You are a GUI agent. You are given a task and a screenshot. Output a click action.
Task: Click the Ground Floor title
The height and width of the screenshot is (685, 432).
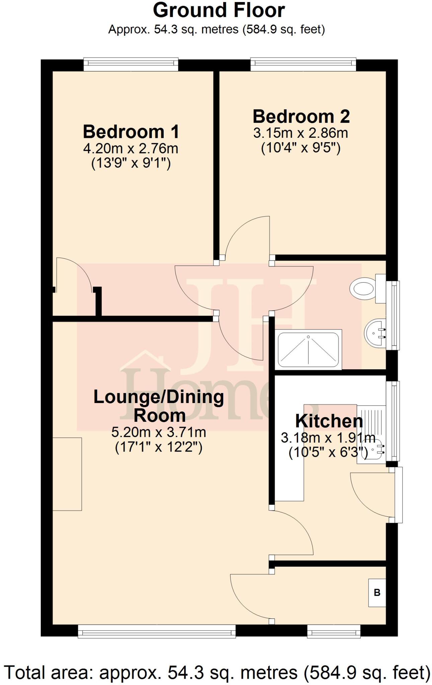(x=219, y=11)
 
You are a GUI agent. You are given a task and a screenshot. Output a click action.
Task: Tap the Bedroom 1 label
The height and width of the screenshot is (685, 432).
(x=131, y=132)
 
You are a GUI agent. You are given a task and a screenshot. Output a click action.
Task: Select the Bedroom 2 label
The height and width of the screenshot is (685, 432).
(x=301, y=117)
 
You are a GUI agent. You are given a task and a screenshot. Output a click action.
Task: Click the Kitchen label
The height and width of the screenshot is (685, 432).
(x=329, y=421)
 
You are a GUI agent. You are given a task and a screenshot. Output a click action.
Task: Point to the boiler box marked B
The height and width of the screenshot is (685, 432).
(x=377, y=593)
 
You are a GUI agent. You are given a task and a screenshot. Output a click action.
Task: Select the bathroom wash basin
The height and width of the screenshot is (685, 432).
(x=375, y=333)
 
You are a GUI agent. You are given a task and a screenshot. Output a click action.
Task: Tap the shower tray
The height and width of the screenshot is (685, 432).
(x=308, y=349)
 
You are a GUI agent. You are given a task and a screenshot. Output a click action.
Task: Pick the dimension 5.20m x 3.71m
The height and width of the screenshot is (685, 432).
(x=159, y=432)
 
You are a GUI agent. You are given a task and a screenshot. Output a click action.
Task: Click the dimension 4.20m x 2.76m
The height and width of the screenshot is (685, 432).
(x=131, y=149)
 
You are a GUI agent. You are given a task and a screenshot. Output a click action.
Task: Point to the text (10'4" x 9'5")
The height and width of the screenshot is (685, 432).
(x=301, y=148)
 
